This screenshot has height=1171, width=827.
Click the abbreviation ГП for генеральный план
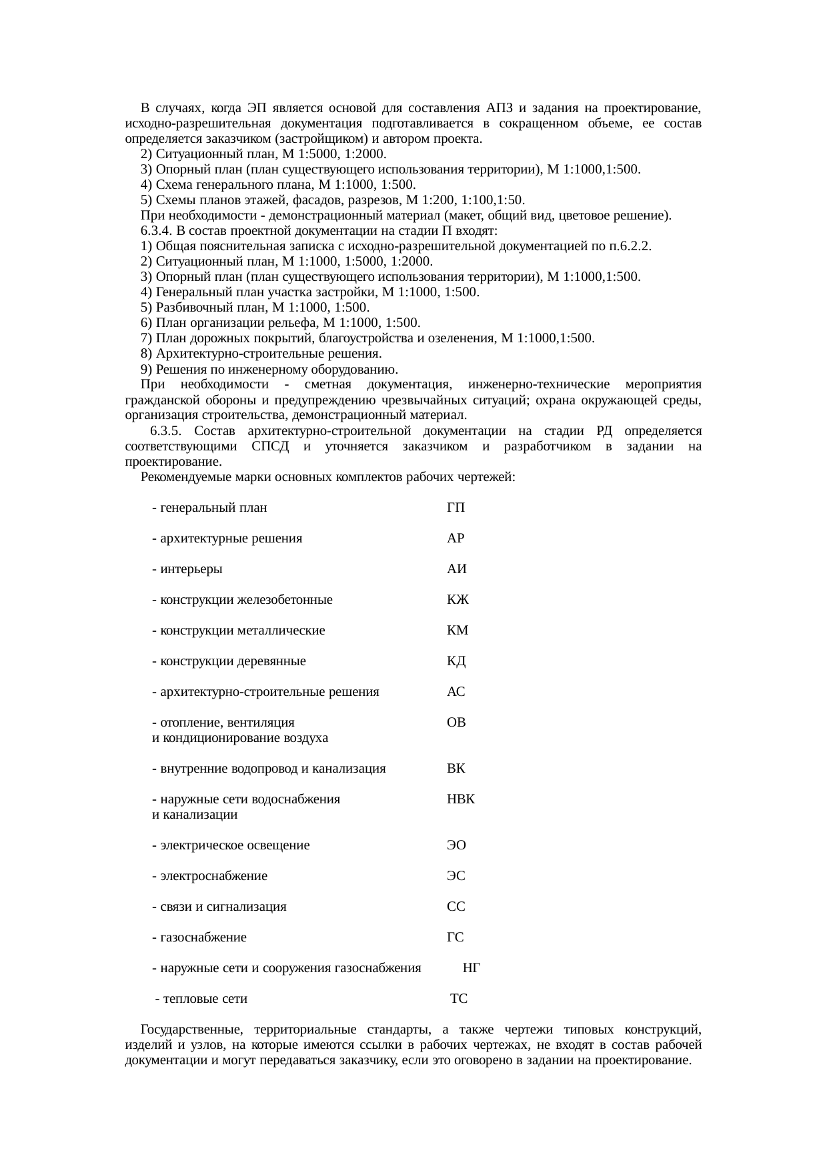[456, 508]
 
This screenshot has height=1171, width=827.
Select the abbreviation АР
[456, 538]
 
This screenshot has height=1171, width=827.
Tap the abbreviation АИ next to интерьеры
[456, 569]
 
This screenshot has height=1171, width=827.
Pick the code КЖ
[458, 600]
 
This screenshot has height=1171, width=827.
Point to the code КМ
[458, 631]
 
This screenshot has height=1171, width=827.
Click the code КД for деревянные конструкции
[456, 661]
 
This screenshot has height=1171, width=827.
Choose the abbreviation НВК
[461, 799]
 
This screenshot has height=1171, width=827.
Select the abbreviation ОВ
[456, 723]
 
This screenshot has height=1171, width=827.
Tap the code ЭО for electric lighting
[456, 845]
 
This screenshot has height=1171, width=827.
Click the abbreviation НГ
[472, 968]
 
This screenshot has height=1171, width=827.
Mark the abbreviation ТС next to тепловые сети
[459, 999]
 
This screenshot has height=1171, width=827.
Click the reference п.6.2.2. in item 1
[630, 246]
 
